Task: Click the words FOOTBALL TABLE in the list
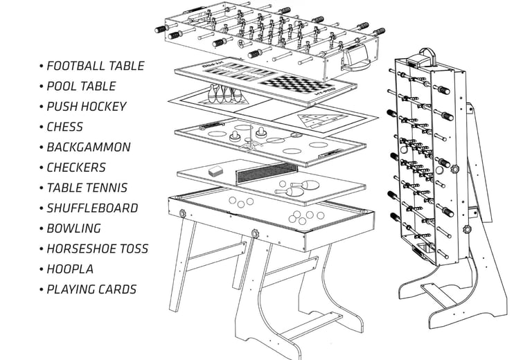point(95,66)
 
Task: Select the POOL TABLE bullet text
point(81,87)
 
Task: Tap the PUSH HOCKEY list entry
point(87,107)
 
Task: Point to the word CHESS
point(64,127)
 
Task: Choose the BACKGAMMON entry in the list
point(88,147)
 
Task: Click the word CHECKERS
point(76,168)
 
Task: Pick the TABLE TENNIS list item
point(87,188)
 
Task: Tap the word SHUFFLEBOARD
point(92,208)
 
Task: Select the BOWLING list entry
point(73,228)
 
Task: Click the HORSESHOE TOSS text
point(97,249)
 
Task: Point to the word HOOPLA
point(69,269)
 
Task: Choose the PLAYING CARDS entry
point(91,289)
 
